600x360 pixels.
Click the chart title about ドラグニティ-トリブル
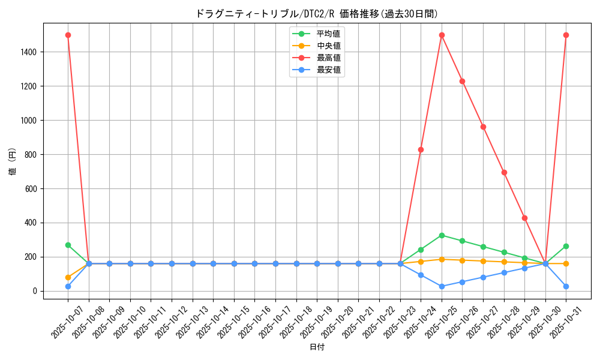(x=317, y=13)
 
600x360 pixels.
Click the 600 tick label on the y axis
(x=31, y=189)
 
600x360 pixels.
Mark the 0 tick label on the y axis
(x=36, y=291)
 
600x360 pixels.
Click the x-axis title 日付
(x=317, y=347)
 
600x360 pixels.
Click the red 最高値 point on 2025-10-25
(x=442, y=35)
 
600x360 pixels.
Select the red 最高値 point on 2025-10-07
(x=68, y=35)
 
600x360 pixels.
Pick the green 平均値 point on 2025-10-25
(x=442, y=235)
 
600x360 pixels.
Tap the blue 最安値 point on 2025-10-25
(x=442, y=286)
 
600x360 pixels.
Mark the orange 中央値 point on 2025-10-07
(x=68, y=277)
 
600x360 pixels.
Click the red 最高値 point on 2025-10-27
(x=483, y=127)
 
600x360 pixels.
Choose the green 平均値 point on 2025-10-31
(x=566, y=246)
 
